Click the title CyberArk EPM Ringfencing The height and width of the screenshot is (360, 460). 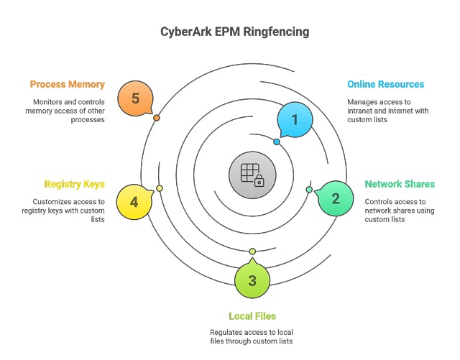[x=230, y=32]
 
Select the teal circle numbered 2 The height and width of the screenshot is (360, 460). [x=334, y=198]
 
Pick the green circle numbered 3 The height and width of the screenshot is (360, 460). [x=252, y=280]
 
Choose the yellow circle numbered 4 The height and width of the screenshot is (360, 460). [x=134, y=201]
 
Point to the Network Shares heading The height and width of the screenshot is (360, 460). [x=399, y=185]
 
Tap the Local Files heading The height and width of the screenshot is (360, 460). [x=252, y=315]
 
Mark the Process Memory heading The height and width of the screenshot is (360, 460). [x=67, y=84]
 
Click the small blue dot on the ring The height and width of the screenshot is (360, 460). [x=277, y=142]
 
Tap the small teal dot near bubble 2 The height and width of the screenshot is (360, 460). [x=309, y=190]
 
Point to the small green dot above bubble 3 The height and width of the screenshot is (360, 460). [x=252, y=251]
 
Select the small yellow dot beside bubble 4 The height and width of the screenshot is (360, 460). [x=160, y=188]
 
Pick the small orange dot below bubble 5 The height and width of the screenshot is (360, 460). [x=157, y=117]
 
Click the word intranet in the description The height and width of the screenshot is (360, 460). [x=362, y=111]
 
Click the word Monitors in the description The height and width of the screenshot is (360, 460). [x=47, y=102]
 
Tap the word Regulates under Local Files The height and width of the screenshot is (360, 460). [x=229, y=332]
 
